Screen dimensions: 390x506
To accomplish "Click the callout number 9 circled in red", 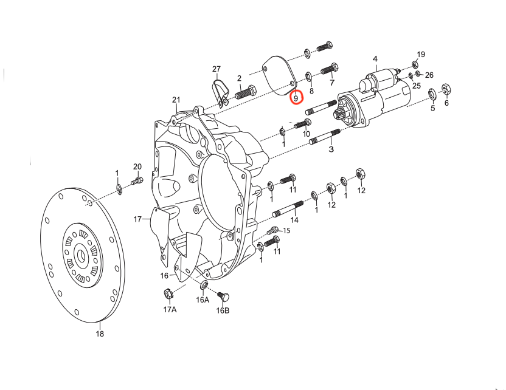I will pos(296,97).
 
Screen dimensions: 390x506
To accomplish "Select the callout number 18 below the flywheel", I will pos(100,334).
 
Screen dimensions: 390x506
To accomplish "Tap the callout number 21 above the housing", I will pos(176,100).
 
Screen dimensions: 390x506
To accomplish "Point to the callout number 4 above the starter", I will pos(375,59).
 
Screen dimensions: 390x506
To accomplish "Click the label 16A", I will pos(203,300).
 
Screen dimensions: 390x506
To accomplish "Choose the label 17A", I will pos(170,310).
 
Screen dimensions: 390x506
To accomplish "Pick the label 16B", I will pos(223,311).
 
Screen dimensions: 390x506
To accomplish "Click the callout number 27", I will pos(217,69).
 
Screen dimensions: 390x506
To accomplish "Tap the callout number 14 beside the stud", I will pos(295,220).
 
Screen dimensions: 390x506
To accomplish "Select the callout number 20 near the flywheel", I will pos(137,166).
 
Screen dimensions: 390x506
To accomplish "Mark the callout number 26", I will pos(429,75).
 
